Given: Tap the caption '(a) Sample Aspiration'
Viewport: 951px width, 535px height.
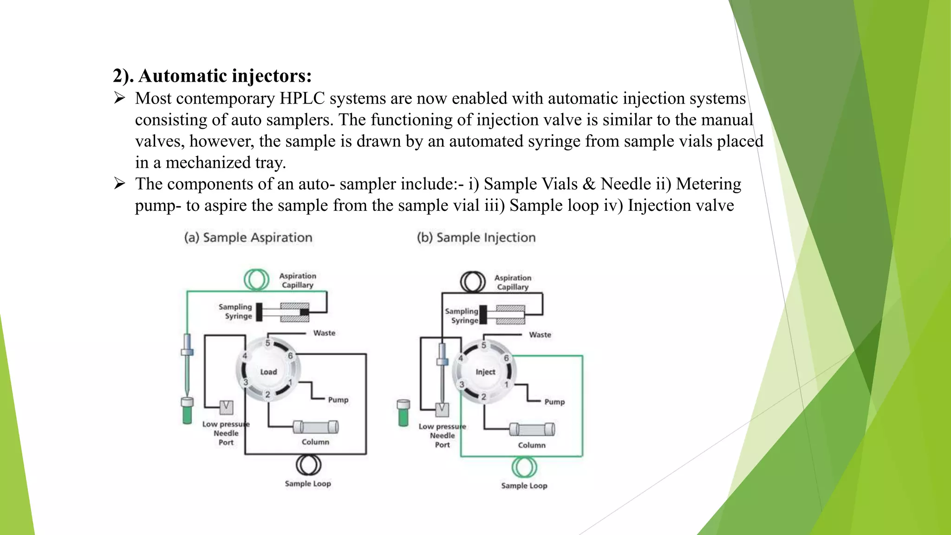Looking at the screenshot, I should coord(248,237).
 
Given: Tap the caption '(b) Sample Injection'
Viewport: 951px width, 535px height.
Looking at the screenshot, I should coord(476,237).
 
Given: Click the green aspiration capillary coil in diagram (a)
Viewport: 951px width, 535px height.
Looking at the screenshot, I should coord(256,280).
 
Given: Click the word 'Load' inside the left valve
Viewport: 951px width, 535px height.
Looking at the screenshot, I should coord(268,372).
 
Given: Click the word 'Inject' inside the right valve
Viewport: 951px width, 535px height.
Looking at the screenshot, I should coord(485,372).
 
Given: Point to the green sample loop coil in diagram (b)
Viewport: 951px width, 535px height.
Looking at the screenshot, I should coord(524,467).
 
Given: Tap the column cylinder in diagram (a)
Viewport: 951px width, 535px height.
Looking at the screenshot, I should coord(316,427).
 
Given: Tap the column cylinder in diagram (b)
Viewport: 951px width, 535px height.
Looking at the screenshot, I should coord(532,429).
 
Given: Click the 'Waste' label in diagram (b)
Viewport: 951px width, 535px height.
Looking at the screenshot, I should coord(540,335).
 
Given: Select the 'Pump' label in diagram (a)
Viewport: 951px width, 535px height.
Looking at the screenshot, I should coord(338,400).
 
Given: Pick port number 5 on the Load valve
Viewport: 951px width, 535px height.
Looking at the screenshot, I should coord(267,343).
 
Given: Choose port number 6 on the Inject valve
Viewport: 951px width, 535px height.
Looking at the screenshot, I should coord(507,358).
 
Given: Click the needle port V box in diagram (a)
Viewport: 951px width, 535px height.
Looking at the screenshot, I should coord(226,407).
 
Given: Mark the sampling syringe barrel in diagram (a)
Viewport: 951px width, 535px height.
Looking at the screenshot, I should coord(294,312).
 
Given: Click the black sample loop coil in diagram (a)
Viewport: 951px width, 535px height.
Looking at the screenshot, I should coord(308,465).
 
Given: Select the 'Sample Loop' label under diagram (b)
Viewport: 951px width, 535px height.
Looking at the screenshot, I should coord(524,486).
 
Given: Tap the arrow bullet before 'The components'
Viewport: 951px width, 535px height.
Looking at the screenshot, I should coord(120,184).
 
